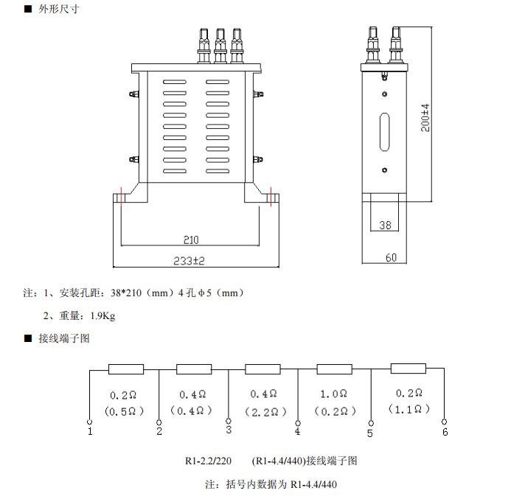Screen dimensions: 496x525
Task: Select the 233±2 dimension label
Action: click(x=190, y=261)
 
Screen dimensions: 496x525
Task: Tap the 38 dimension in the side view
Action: click(x=385, y=226)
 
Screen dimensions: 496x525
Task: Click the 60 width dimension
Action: click(x=391, y=257)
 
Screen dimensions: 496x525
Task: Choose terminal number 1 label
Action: click(x=90, y=432)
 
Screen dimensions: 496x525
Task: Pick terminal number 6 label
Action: click(x=445, y=432)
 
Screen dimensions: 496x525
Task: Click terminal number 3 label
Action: click(x=228, y=430)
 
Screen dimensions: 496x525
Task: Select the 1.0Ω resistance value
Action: click(x=333, y=395)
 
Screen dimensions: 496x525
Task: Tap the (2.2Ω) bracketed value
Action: click(x=262, y=411)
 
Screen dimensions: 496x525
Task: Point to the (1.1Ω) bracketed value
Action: click(x=407, y=409)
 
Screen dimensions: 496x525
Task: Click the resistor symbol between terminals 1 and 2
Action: click(x=126, y=369)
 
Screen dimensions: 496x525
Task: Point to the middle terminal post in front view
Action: click(x=220, y=44)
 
